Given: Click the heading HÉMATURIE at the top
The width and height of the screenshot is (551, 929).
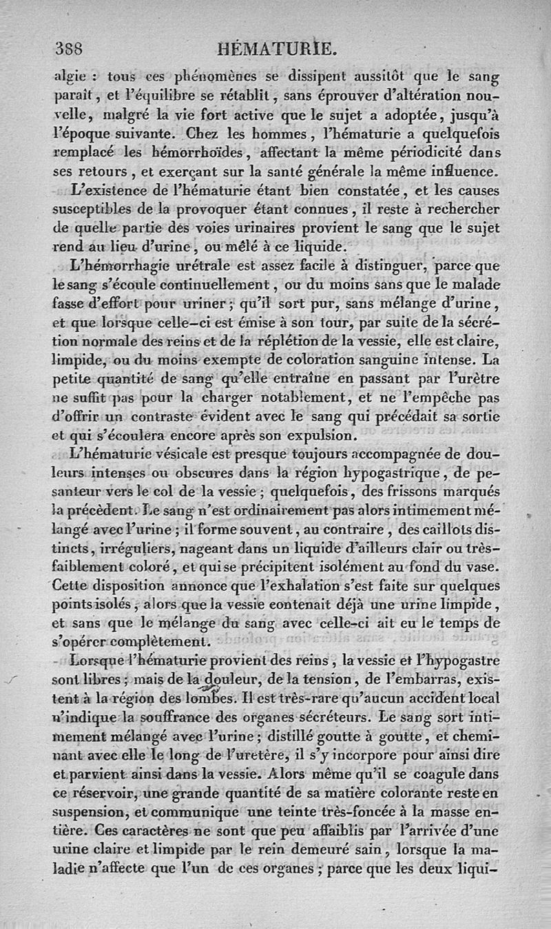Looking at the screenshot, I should point(276,49).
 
